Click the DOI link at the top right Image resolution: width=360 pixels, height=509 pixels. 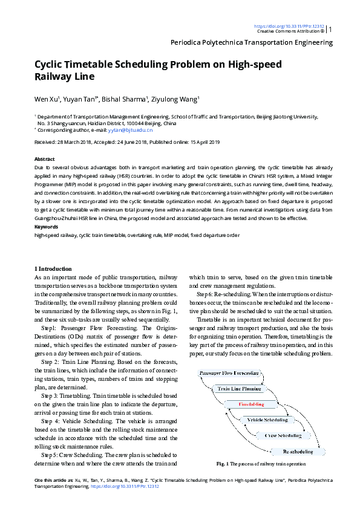(289, 26)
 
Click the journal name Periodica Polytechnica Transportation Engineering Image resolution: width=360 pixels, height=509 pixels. (252, 43)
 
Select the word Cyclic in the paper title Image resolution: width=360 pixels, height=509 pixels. (51, 65)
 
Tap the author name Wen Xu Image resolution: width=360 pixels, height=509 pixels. (46, 99)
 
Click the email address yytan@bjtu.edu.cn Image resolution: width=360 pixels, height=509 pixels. (133, 130)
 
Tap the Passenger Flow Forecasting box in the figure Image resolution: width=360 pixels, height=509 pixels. (229, 373)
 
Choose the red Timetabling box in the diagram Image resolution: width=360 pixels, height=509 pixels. (251, 404)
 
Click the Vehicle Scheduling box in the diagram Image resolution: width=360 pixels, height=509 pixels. (267, 420)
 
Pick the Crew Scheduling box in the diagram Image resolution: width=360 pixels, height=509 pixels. (283, 435)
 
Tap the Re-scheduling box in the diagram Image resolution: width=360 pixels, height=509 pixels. (298, 451)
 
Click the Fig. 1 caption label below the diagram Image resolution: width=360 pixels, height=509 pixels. (221, 464)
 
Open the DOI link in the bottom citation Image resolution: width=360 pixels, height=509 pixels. (125, 485)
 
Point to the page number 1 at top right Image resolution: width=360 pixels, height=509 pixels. (330, 28)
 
